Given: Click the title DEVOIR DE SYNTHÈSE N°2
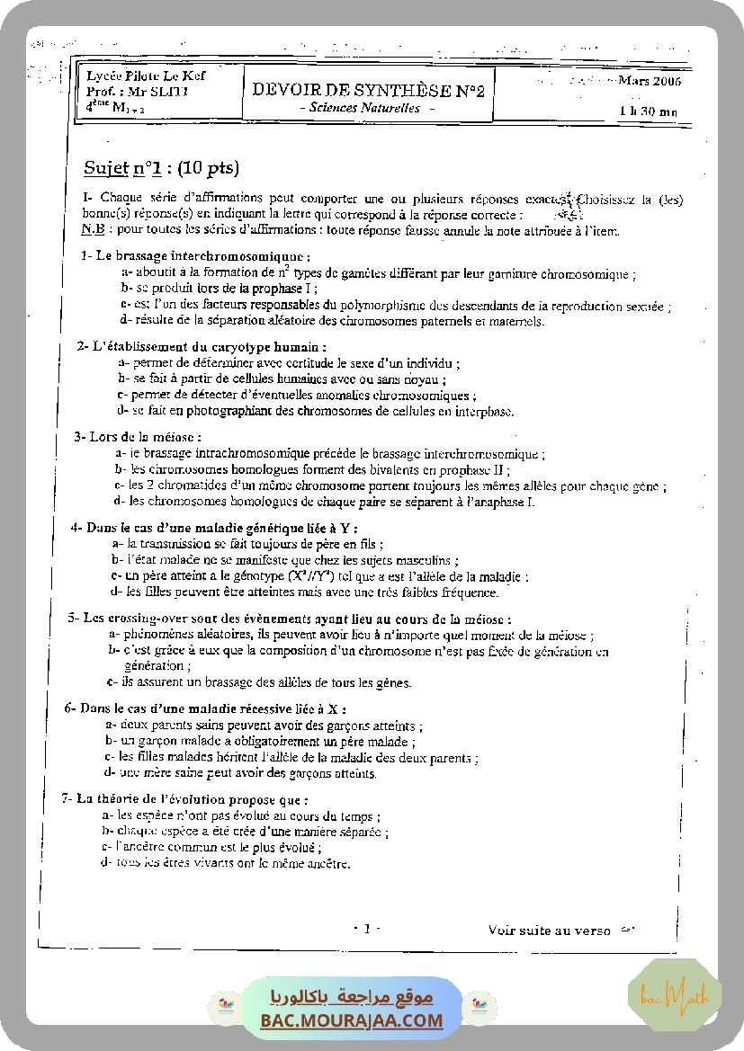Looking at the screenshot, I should tap(368, 90).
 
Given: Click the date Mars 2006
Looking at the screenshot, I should tap(650, 81).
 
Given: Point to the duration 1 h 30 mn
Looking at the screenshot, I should tap(649, 111).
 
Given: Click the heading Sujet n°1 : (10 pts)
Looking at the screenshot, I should tap(161, 168).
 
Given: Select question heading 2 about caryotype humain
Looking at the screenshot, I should tap(202, 346).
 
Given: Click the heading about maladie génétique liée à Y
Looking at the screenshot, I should tap(215, 528).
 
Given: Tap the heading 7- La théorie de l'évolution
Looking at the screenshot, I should tap(185, 798).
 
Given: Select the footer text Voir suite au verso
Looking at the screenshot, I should tap(550, 931).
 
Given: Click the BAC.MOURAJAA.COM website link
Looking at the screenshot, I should tap(352, 1020).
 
